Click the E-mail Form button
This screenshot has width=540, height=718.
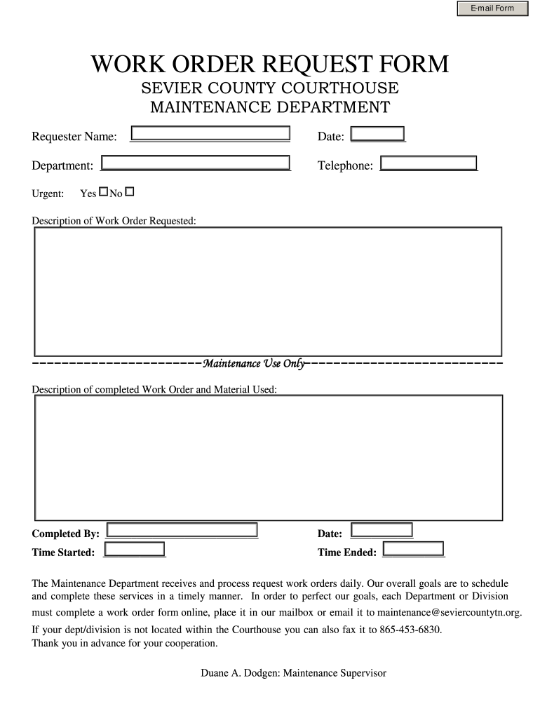pyautogui.click(x=492, y=8)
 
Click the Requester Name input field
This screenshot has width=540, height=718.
pyautogui.click(x=210, y=134)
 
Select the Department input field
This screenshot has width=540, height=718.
pyautogui.click(x=196, y=163)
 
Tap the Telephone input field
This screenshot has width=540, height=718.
pyautogui.click(x=428, y=163)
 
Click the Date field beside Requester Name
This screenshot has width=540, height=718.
pyautogui.click(x=377, y=134)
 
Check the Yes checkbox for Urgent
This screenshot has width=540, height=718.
pyautogui.click(x=103, y=191)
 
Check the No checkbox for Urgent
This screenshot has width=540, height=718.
pyautogui.click(x=129, y=191)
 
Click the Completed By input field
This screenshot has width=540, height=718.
pyautogui.click(x=180, y=531)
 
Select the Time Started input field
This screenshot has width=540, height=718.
pyautogui.click(x=134, y=550)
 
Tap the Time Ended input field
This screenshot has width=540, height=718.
pyautogui.click(x=413, y=549)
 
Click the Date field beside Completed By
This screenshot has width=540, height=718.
pyautogui.click(x=382, y=531)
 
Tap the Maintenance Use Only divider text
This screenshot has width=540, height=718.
pyautogui.click(x=254, y=363)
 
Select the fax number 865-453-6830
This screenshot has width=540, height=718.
pyautogui.click(x=410, y=630)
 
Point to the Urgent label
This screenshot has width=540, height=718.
pyautogui.click(x=48, y=194)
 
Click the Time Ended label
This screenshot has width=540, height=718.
pyautogui.click(x=346, y=553)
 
